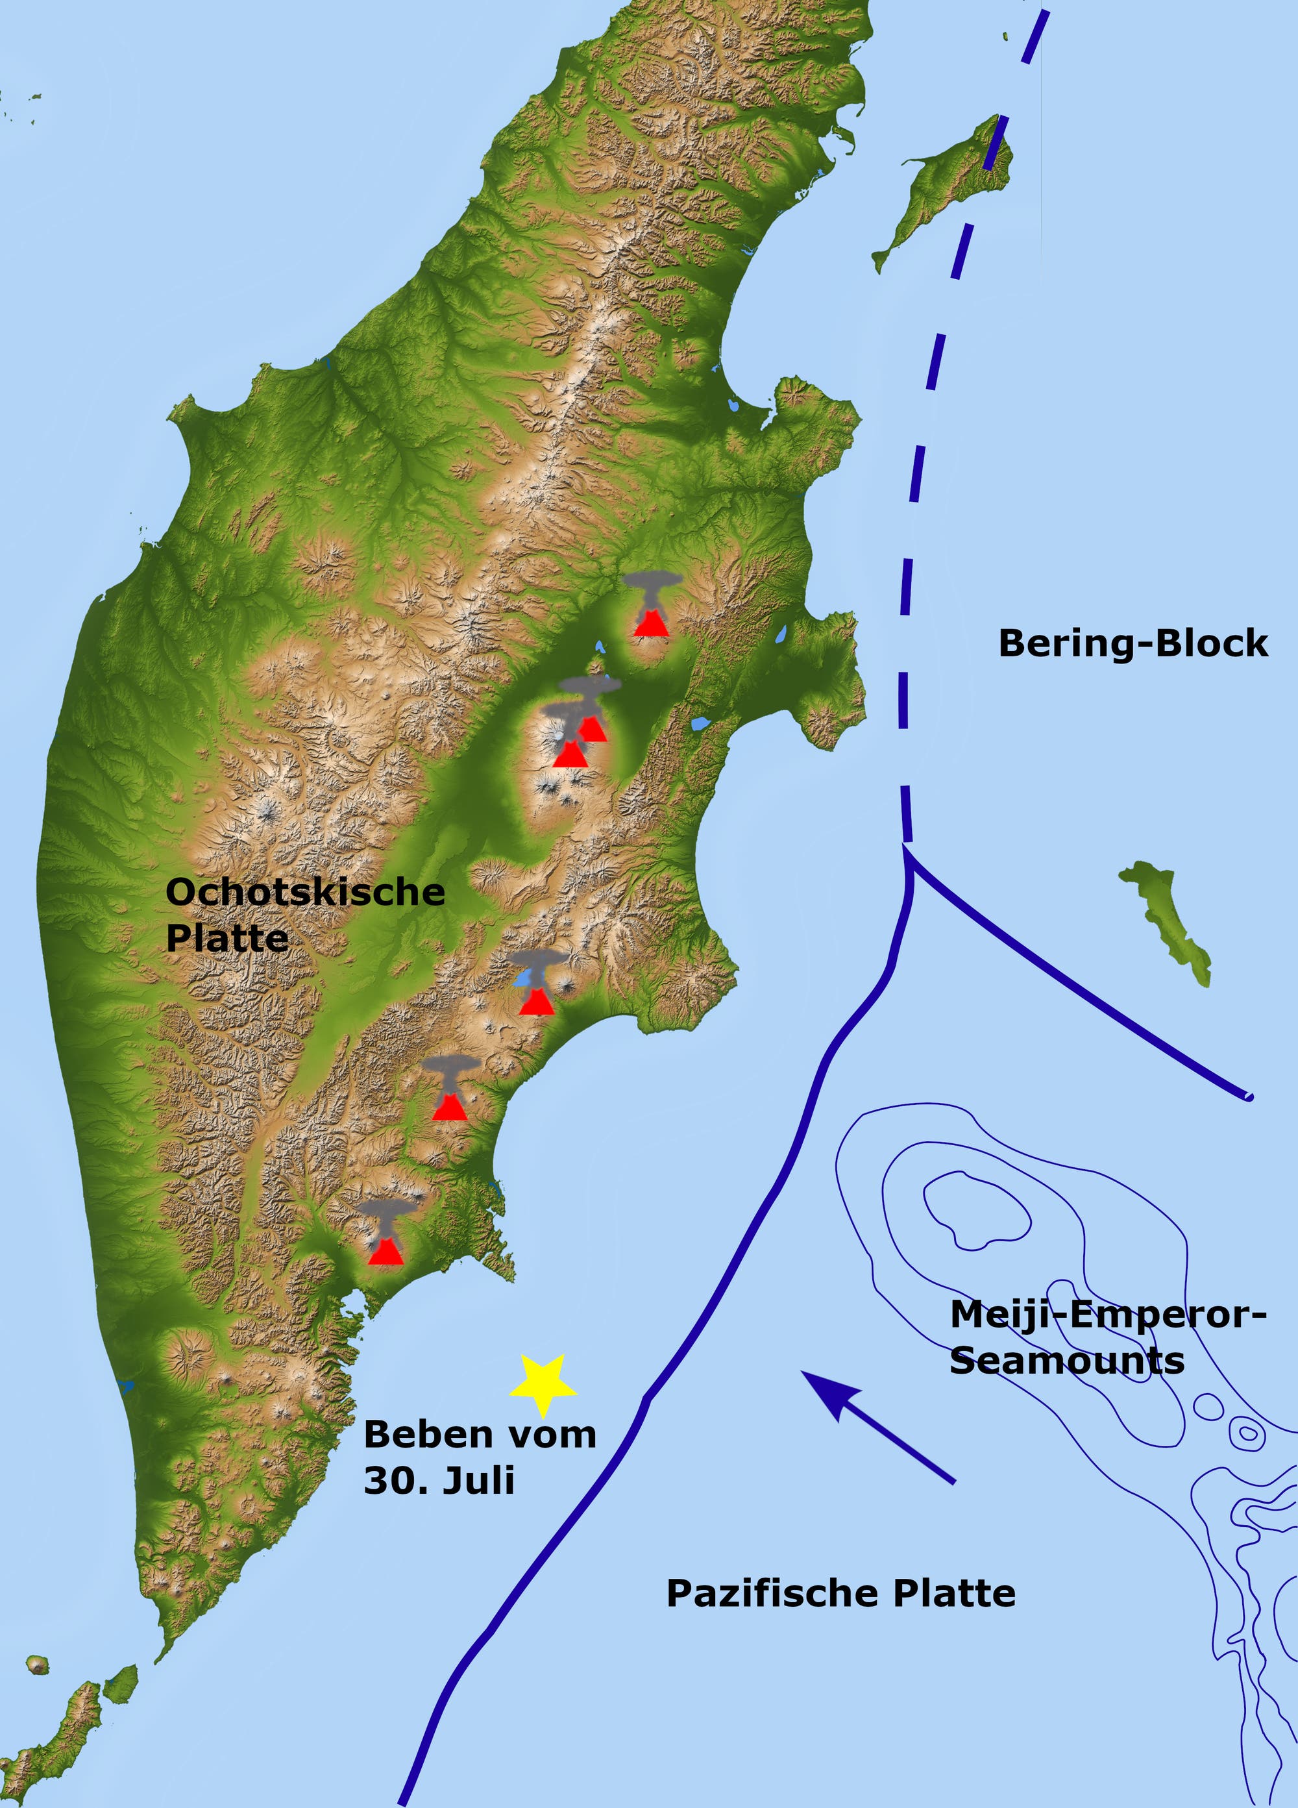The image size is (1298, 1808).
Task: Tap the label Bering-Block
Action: point(1133,643)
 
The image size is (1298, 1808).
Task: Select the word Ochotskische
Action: point(305,892)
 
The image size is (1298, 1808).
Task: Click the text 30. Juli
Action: point(439,1480)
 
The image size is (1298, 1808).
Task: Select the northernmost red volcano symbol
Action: point(651,622)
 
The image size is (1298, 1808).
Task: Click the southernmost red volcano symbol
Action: point(386,1252)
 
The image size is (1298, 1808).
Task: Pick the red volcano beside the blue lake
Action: point(537,1001)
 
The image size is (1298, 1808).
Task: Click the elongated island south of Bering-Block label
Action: point(1165,921)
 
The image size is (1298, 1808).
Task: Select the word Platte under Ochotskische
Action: point(227,937)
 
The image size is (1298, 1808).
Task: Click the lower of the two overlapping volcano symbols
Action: point(570,753)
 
